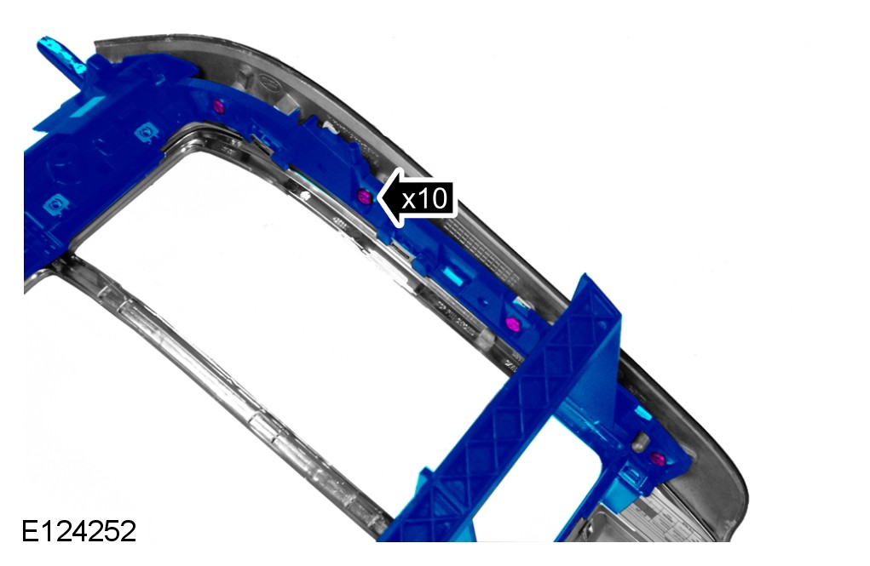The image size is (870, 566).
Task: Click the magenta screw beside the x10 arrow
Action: pyautogui.click(x=365, y=197)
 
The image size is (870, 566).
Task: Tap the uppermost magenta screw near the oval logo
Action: pyautogui.click(x=219, y=106)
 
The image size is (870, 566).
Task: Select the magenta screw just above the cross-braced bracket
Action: pyautogui.click(x=513, y=323)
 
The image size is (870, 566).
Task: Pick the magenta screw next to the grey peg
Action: pyautogui.click(x=658, y=459)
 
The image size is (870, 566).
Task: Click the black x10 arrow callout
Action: pyautogui.click(x=417, y=198)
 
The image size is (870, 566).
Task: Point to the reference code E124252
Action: pyautogui.click(x=78, y=531)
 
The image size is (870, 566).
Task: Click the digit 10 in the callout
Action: pyautogui.click(x=432, y=198)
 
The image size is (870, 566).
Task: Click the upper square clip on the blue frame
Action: pyautogui.click(x=147, y=133)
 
